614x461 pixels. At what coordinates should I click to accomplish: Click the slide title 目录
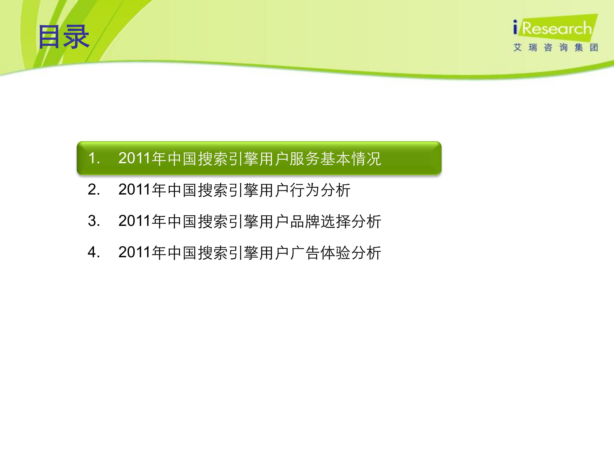click(64, 37)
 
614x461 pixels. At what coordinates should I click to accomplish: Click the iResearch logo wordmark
click(552, 28)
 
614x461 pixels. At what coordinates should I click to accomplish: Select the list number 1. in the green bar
click(94, 158)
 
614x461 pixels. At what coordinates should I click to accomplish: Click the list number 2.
click(94, 190)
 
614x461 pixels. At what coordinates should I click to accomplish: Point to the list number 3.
click(94, 221)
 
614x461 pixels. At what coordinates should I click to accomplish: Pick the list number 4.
click(94, 253)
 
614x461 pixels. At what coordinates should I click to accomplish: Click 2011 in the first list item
click(135, 158)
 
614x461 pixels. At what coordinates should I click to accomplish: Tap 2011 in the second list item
click(135, 190)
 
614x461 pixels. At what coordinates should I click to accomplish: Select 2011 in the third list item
click(135, 221)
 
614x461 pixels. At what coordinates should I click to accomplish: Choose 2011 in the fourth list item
click(135, 253)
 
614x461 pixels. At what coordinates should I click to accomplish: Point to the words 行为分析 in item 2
click(320, 190)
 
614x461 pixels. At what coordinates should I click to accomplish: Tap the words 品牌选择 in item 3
click(320, 222)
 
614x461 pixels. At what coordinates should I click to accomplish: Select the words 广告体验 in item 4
click(320, 253)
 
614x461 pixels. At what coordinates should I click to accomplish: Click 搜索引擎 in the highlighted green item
click(228, 159)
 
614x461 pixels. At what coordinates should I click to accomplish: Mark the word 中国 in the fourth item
click(182, 253)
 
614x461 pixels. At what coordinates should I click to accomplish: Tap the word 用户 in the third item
click(274, 222)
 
